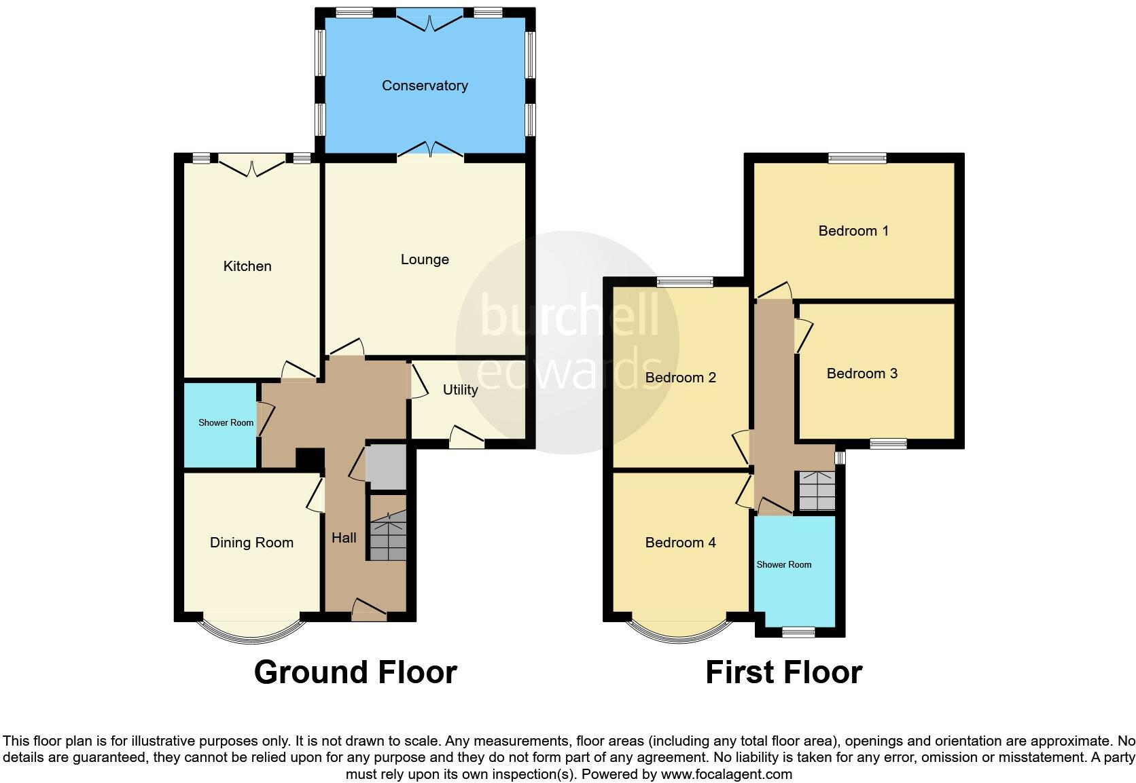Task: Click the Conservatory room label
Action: point(425,86)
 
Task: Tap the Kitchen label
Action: point(247,266)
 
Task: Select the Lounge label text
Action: point(425,259)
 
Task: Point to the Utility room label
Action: point(460,390)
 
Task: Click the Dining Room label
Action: point(251,543)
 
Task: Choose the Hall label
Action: point(344,538)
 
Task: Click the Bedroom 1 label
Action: point(853,231)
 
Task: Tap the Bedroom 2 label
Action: point(680,378)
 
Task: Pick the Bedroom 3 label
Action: point(862,374)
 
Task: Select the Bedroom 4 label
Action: point(680,543)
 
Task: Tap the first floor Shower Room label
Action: point(784,564)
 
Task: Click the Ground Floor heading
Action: point(355,672)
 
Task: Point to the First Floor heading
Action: point(783,672)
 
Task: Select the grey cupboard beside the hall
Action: point(385,466)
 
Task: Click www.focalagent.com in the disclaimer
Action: point(726,774)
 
